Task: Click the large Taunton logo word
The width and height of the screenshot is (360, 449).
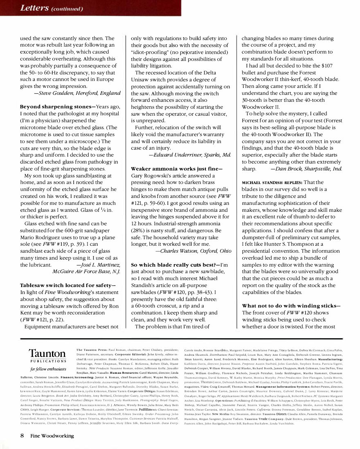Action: [x=47, y=353]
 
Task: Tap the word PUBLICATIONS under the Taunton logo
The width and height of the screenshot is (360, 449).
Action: [x=47, y=361]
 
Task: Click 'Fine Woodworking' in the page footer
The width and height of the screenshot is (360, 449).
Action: [x=52, y=436]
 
